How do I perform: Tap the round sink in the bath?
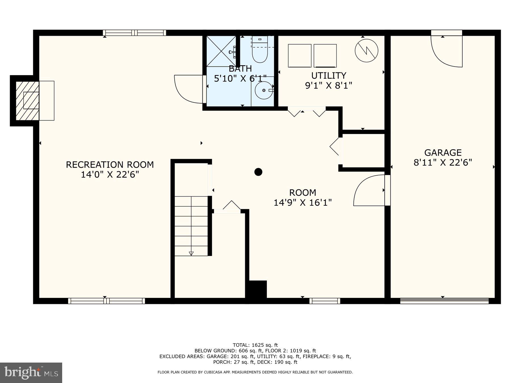tap(264, 90)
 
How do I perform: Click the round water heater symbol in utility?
tap(367, 51)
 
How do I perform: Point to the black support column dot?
tap(258, 172)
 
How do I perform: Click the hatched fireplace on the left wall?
tap(27, 100)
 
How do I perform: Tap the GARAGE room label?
tap(443, 153)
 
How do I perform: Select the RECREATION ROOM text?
tap(110, 165)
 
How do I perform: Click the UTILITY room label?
tap(328, 75)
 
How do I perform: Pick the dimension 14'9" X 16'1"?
tap(303, 203)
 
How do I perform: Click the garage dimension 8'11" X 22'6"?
tap(443, 163)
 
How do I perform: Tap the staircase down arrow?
tap(191, 253)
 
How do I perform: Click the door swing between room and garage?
tap(369, 191)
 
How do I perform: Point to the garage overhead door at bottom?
tap(444, 301)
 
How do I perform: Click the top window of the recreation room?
tap(134, 33)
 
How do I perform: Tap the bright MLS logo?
tap(31, 373)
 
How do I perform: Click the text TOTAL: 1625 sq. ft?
tap(255, 345)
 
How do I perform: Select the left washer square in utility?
tap(300, 56)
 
